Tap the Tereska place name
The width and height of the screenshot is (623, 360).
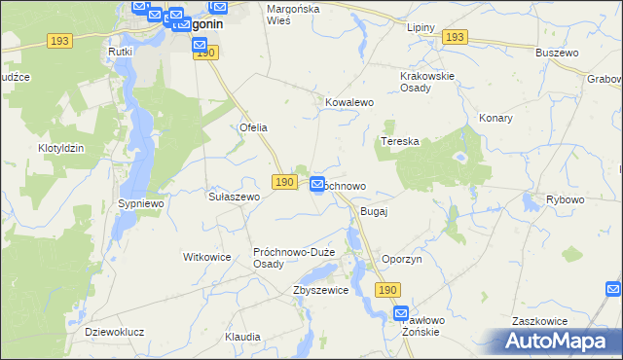pyautogui.click(x=399, y=141)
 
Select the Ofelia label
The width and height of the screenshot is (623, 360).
pyautogui.click(x=253, y=127)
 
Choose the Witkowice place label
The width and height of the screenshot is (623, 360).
pyautogui.click(x=206, y=257)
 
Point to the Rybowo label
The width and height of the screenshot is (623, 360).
pyautogui.click(x=566, y=199)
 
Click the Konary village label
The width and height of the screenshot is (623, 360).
pyautogui.click(x=495, y=118)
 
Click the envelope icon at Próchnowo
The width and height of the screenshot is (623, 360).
pyautogui.click(x=318, y=184)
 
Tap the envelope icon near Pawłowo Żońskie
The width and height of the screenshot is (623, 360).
pyautogui.click(x=402, y=313)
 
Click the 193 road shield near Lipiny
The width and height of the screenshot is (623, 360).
pyautogui.click(x=454, y=37)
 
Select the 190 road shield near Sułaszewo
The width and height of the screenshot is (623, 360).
pyautogui.click(x=283, y=182)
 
